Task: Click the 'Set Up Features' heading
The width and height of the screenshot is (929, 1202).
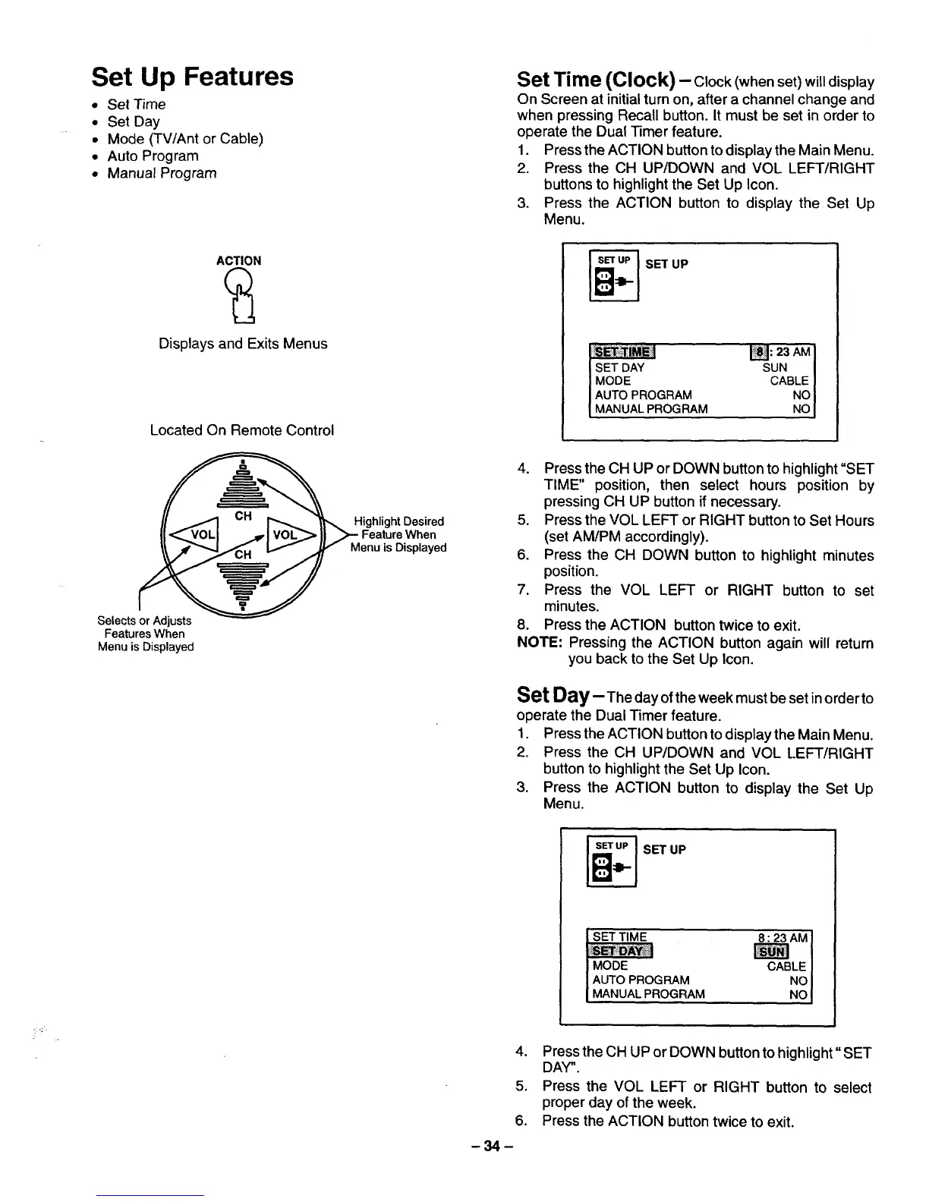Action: (192, 77)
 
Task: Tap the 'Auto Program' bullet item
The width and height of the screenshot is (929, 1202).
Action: (153, 156)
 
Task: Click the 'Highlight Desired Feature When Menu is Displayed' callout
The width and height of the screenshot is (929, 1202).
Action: (398, 534)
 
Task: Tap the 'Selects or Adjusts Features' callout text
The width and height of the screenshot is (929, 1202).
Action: (144, 634)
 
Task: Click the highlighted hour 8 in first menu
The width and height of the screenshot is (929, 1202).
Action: (758, 351)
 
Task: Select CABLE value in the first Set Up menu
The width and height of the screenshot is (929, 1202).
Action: (789, 381)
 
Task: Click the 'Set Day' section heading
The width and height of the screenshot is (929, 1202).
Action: (550, 695)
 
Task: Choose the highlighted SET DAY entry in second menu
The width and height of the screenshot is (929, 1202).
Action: (622, 952)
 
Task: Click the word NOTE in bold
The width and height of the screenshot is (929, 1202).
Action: (538, 643)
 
